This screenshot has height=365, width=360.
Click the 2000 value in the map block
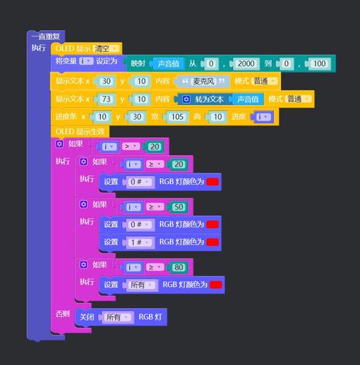246,64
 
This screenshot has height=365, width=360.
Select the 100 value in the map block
319,64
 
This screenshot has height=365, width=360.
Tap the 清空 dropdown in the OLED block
106,49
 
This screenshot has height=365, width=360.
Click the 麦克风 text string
203,81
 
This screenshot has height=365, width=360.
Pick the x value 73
106,99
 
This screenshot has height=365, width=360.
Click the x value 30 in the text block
106,81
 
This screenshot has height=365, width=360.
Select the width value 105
177,117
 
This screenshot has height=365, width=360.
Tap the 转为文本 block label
209,99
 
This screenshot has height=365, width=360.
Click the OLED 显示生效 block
80,131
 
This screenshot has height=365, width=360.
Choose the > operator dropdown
131,147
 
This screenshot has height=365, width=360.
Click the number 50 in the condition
179,207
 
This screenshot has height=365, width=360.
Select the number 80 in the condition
179,267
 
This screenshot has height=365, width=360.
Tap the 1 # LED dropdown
139,242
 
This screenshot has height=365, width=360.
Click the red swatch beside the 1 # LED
212,242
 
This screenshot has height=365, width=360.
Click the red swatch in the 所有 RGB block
216,285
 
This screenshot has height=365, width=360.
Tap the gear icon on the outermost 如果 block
59,144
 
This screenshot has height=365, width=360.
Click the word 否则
63,314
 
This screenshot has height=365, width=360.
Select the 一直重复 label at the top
45,36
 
